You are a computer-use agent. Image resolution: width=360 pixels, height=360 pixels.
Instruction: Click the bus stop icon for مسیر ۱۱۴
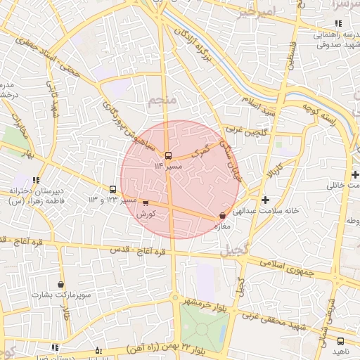167,155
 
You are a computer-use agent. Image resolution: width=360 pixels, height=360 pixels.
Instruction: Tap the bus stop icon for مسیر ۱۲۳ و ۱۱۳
112,189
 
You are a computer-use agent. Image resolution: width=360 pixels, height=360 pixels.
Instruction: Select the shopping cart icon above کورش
146,203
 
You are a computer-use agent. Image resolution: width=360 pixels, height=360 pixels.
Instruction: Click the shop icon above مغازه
223,216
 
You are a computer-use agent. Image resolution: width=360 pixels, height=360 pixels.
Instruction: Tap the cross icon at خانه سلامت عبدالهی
265,200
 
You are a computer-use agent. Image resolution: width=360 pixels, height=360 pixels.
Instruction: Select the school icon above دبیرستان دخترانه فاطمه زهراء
36,180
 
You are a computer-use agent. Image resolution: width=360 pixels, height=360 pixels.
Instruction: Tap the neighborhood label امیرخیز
256,12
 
